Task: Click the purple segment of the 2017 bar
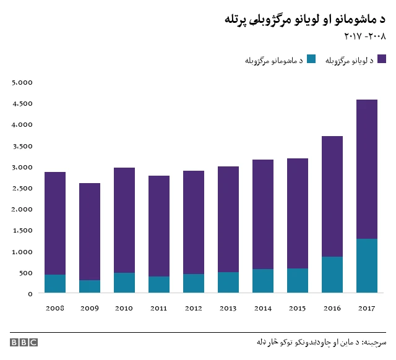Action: (x=367, y=169)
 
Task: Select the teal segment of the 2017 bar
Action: (x=367, y=265)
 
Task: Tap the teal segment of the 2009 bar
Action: (x=90, y=286)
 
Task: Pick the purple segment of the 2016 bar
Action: (x=332, y=196)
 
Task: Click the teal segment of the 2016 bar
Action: (x=332, y=275)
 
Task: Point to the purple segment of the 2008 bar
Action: (x=55, y=223)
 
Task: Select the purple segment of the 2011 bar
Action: (x=159, y=226)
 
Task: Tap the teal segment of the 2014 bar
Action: (x=263, y=281)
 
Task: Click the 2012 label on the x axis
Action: (x=194, y=307)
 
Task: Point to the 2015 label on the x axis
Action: (x=298, y=307)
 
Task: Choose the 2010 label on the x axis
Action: (x=124, y=307)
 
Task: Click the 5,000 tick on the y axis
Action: (x=22, y=82)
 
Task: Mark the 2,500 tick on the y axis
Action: (x=22, y=188)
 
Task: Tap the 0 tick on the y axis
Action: (x=30, y=293)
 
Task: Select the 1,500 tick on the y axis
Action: (x=22, y=230)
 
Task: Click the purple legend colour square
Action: (x=381, y=59)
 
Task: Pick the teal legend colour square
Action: (x=311, y=59)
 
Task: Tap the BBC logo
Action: (x=24, y=342)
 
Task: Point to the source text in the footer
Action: (x=321, y=342)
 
